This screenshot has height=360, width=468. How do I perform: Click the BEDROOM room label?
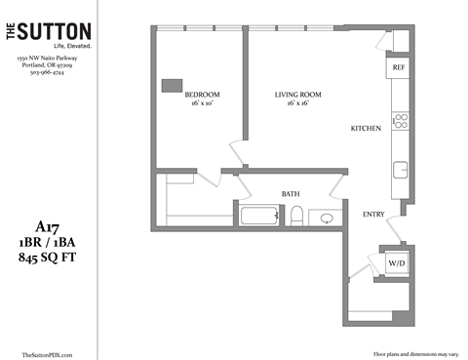click(x=202, y=95)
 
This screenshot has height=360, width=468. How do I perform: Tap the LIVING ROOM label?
click(x=297, y=95)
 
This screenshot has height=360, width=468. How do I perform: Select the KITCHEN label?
click(x=366, y=129)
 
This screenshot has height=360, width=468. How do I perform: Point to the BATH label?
click(x=291, y=194)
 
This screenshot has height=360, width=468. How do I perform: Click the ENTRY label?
click(x=373, y=214)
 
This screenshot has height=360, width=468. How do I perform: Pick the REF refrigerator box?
click(x=398, y=67)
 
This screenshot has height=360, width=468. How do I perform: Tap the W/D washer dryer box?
click(x=397, y=263)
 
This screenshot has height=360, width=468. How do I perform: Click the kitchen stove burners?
click(x=399, y=122)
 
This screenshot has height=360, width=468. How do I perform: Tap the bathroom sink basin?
click(x=327, y=218)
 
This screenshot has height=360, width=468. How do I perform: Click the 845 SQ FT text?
click(x=47, y=258)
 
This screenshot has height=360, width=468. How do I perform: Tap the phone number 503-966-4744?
click(x=47, y=73)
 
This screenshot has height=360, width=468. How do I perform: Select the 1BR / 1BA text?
click(x=47, y=241)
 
